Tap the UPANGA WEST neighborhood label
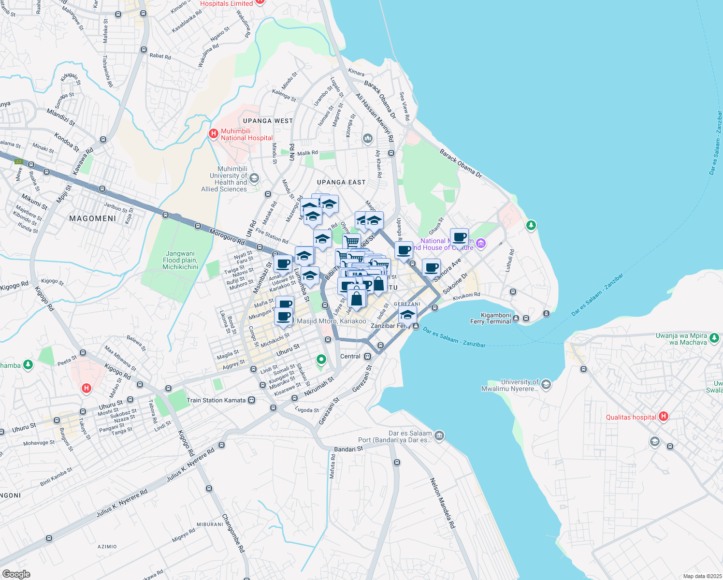(x=268, y=121)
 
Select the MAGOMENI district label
(x=92, y=218)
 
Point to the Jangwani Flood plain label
(x=180, y=260)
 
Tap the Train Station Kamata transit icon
(x=251, y=400)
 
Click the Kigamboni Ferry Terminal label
(x=490, y=318)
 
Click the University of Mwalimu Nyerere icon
(x=546, y=385)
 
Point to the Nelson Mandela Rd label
(x=442, y=503)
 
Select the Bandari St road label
(x=348, y=449)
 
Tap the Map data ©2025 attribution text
(x=702, y=576)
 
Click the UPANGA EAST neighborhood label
(x=341, y=182)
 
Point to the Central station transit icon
(x=368, y=357)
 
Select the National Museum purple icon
(x=480, y=244)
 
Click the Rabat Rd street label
(x=160, y=56)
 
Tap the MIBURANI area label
(x=210, y=524)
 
